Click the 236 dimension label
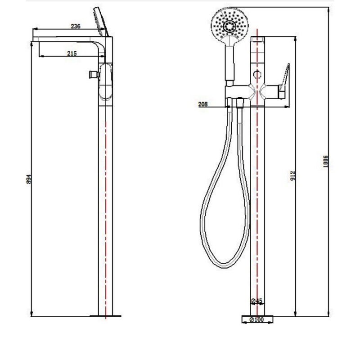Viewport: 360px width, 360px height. [x=76, y=27]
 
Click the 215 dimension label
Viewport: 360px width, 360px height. [x=72, y=53]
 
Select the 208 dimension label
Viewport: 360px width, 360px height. [x=202, y=104]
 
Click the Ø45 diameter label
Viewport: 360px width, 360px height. [x=257, y=301]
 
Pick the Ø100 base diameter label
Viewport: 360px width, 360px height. [x=258, y=319]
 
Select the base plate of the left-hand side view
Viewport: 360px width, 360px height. [x=106, y=316]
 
